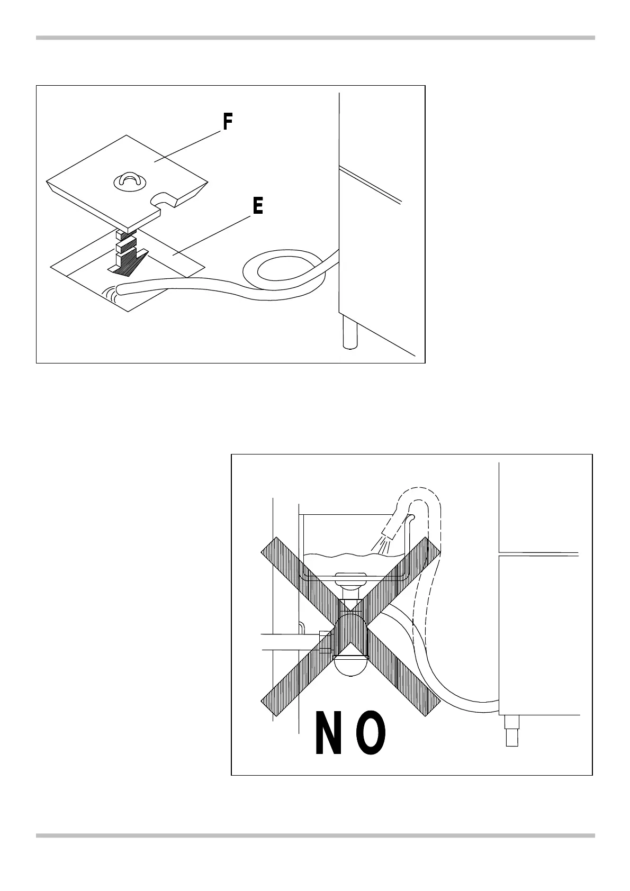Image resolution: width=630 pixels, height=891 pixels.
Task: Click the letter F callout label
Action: (x=227, y=123)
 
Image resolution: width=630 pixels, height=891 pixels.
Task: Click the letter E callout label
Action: (x=257, y=206)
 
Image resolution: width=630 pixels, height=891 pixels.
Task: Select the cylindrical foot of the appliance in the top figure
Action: (x=349, y=332)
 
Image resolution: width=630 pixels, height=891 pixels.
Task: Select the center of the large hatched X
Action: (x=350, y=628)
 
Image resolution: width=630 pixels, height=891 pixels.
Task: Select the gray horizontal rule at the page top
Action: (x=315, y=38)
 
